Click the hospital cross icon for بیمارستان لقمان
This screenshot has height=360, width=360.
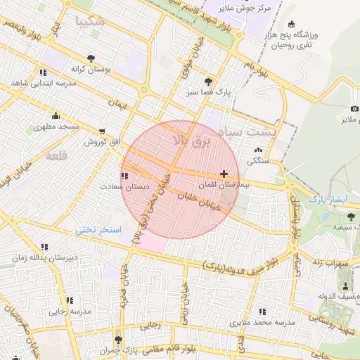[224, 173]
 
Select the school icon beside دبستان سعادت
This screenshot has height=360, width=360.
[124, 176]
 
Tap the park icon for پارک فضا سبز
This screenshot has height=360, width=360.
[207, 82]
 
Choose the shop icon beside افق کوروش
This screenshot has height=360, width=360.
[103, 131]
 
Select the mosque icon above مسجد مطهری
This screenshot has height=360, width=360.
[56, 116]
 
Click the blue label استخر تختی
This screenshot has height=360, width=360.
[99, 230]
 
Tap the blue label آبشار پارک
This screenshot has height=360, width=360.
[328, 200]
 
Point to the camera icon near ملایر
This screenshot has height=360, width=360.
[354, 108]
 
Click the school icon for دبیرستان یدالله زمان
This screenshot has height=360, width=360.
[45, 247]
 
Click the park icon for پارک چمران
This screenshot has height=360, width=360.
[117, 339]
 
